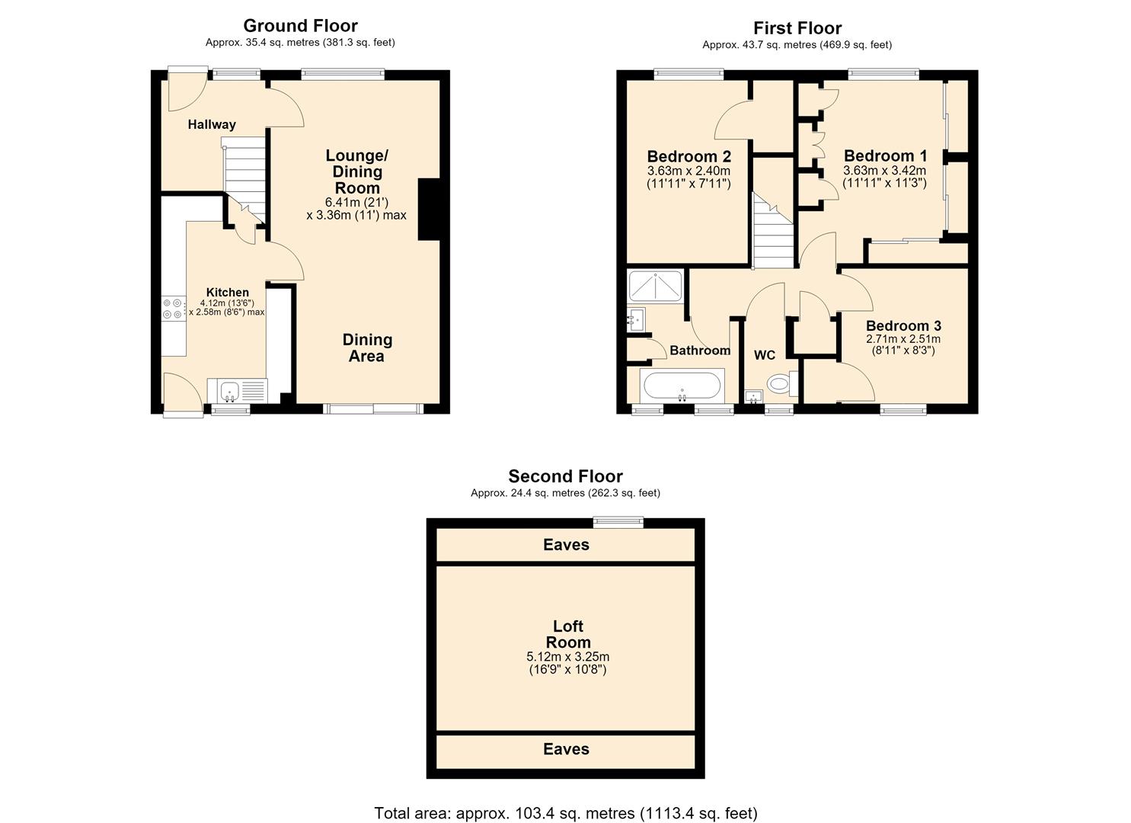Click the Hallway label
tap(212, 124)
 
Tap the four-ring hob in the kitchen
tap(172, 309)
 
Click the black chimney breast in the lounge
tap(430, 209)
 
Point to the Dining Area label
tap(367, 347)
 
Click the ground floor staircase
tap(244, 181)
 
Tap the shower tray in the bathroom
tap(655, 287)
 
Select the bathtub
tap(682, 386)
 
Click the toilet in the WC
tap(783, 384)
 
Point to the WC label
tap(765, 355)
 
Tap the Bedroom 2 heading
tap(689, 156)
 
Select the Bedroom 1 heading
tap(885, 155)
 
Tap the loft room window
tap(618, 522)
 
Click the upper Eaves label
tap(566, 544)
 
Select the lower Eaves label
tap(566, 749)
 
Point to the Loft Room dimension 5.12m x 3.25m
tap(567, 657)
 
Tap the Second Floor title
tap(565, 476)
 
